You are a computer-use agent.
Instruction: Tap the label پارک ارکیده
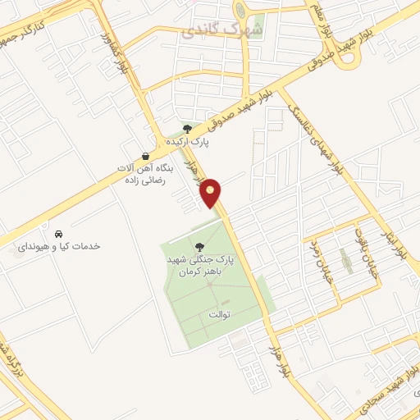coord(189,141)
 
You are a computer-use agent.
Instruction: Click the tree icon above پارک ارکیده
coord(188,128)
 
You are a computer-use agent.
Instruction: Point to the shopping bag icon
coord(145,156)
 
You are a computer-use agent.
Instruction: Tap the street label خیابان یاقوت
coord(366,262)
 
